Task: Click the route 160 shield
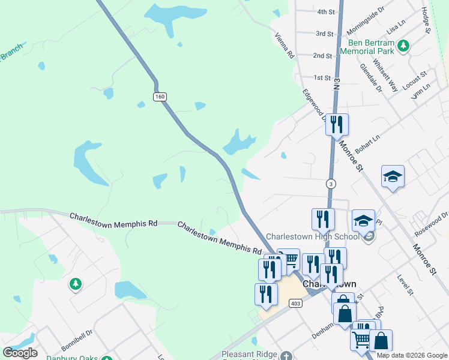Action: click(x=159, y=97)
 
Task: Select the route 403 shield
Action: click(x=295, y=304)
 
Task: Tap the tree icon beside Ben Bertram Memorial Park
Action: click(x=404, y=45)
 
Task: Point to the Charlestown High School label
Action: click(x=312, y=236)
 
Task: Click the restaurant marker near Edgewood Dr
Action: click(x=336, y=124)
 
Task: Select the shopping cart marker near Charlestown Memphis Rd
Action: click(x=289, y=259)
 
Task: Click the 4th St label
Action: click(x=326, y=11)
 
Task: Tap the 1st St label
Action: click(x=322, y=78)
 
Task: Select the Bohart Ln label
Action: click(x=368, y=142)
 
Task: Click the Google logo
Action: click(x=20, y=353)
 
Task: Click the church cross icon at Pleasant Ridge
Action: click(x=286, y=355)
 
